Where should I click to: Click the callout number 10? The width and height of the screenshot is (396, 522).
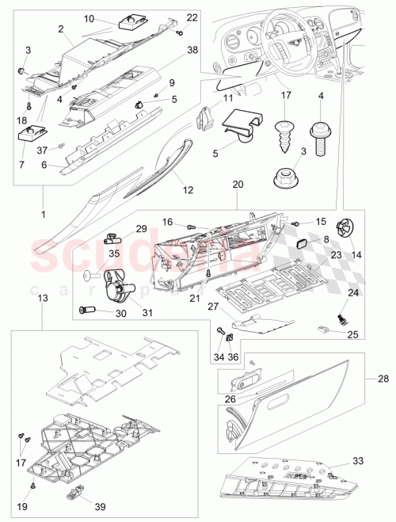89,17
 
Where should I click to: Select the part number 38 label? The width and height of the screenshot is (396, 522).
192,49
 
